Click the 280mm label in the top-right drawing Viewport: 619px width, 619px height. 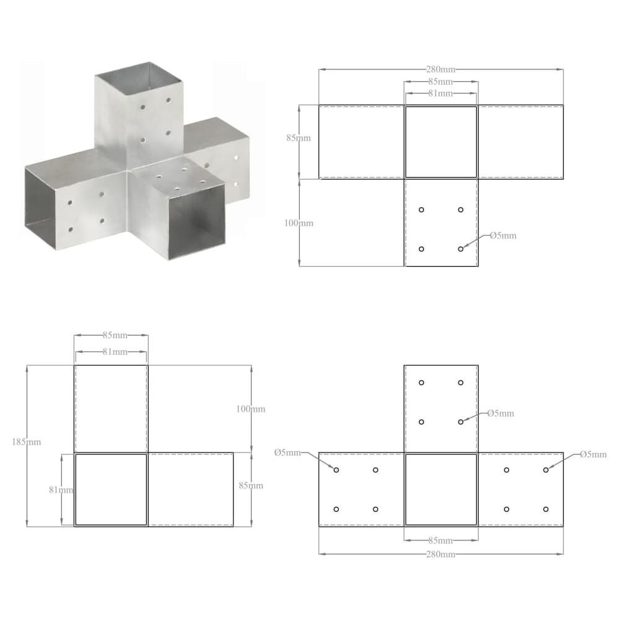[x=440, y=69]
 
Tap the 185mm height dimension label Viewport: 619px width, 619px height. [x=26, y=442]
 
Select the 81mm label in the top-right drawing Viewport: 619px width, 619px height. [x=440, y=93]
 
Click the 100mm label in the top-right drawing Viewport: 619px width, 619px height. [x=299, y=223]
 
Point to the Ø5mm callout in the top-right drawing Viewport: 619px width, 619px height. [x=503, y=236]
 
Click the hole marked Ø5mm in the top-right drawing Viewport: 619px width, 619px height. [x=461, y=249]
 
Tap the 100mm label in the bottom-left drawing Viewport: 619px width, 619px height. [x=251, y=409]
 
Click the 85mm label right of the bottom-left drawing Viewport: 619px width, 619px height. [x=251, y=485]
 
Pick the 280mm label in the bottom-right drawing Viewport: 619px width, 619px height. [x=440, y=554]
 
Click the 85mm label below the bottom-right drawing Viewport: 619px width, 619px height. [x=440, y=540]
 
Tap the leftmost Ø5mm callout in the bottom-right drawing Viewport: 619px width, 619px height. [x=288, y=452]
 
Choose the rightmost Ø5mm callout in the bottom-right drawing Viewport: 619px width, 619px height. [x=593, y=454]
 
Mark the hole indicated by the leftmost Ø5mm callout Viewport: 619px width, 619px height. [x=336, y=470]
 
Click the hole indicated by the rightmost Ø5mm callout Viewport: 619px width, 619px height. [x=546, y=470]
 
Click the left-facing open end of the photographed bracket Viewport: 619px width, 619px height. [x=40, y=204]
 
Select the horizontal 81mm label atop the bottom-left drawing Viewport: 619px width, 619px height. [x=111, y=352]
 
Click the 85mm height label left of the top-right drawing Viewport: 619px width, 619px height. [x=298, y=139]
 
